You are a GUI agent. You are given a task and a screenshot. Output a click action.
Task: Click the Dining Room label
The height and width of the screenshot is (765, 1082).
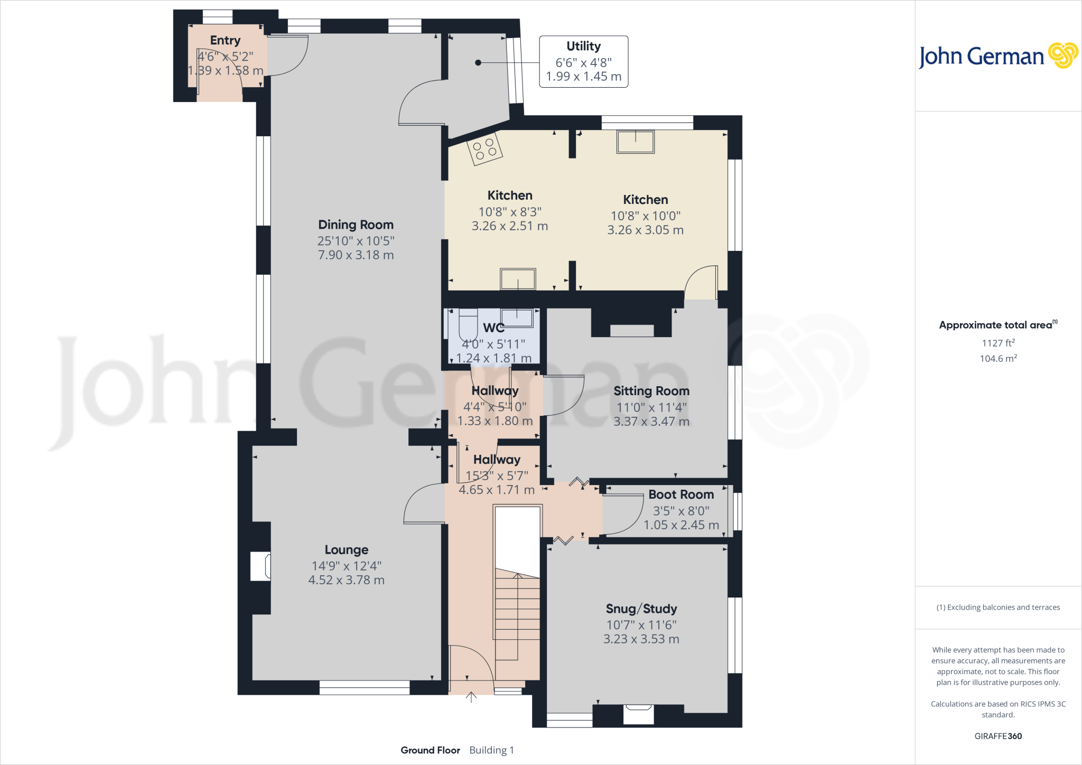point(356,225)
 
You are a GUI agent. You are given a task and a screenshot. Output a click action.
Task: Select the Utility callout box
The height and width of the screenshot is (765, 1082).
point(583,61)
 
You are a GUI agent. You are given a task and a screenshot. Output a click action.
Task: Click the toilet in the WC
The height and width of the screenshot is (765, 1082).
point(468,325)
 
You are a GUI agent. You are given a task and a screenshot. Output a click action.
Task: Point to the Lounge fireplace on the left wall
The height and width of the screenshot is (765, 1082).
point(261,566)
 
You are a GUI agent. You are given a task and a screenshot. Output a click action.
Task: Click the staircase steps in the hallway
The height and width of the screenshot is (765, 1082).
point(517,615)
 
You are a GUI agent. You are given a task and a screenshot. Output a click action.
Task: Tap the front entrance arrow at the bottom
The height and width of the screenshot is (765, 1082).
point(471,697)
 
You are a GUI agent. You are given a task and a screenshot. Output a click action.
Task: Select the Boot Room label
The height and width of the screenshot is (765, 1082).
point(681,495)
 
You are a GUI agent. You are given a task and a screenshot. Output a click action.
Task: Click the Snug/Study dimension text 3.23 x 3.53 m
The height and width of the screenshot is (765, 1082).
point(641,639)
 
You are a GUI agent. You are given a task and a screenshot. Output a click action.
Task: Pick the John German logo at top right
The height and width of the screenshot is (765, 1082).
point(997,56)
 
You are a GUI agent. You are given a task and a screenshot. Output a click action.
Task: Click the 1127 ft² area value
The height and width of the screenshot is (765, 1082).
point(998,343)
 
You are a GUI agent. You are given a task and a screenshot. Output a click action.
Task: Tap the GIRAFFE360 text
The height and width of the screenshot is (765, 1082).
point(998,736)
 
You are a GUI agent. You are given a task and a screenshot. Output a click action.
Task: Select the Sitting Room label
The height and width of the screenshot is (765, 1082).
point(651,391)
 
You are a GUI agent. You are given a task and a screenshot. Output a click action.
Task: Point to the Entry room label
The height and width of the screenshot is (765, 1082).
point(225,40)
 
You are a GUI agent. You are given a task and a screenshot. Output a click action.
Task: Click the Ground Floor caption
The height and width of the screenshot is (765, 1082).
point(430,750)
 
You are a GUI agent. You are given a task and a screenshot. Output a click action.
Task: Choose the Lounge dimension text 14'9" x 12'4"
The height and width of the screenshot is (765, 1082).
point(346,566)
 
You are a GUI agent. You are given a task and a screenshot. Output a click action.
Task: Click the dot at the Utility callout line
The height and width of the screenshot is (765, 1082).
point(478,62)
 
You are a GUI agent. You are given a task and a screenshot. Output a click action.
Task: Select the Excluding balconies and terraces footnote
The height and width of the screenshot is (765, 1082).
point(998,608)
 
